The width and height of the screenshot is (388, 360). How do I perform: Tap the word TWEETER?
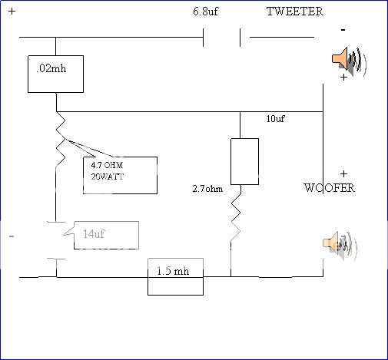tap(294, 12)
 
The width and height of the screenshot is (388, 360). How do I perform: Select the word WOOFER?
tap(329, 188)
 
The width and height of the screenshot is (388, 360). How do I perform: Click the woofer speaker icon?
tap(340, 244)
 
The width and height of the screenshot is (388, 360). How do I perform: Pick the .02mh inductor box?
tap(55, 74)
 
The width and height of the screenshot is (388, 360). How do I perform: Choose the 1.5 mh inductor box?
tap(175, 276)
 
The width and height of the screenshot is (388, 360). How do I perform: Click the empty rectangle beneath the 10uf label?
tap(244, 161)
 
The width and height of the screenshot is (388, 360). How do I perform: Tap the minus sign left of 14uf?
tap(11, 236)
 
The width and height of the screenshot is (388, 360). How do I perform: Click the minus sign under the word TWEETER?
tap(343, 29)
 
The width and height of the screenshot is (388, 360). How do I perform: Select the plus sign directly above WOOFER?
tap(343, 173)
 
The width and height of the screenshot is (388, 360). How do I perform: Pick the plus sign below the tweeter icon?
tap(343, 78)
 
